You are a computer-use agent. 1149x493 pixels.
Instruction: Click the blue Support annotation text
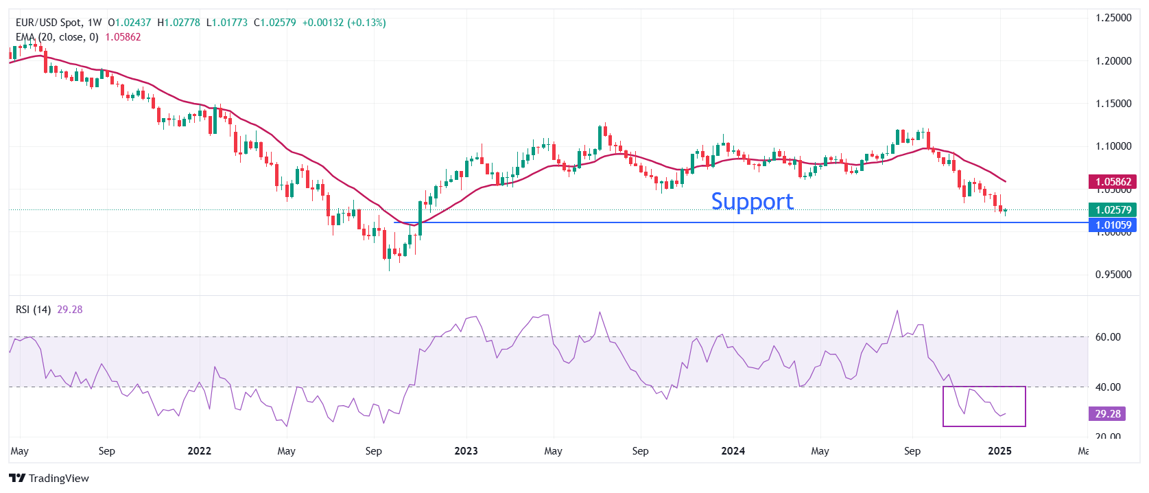(752, 201)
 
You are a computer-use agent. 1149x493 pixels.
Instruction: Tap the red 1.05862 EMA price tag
(1113, 182)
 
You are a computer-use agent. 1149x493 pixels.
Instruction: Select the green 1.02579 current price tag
(1113, 210)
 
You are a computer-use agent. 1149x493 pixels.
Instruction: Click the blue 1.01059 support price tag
(1113, 225)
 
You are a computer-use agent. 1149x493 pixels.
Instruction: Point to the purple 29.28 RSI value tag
(1107, 413)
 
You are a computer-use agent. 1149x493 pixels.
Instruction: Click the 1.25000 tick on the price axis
(1113, 18)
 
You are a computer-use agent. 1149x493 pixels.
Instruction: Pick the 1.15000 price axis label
(1113, 104)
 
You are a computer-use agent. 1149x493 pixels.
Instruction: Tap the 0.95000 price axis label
(1113, 275)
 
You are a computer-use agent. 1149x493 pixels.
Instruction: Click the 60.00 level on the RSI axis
(1108, 337)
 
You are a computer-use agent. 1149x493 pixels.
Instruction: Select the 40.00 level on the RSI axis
(1108, 387)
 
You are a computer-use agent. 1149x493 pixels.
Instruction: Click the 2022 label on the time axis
(200, 451)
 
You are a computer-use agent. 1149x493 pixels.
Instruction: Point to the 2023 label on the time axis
(466, 451)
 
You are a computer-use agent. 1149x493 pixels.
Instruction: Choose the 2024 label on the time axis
(733, 451)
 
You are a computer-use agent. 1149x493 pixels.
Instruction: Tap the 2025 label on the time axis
(999, 451)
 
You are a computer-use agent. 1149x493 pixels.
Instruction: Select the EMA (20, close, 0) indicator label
(57, 37)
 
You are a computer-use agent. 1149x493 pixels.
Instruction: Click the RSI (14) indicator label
(33, 310)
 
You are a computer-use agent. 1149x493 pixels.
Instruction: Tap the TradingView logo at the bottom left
(49, 478)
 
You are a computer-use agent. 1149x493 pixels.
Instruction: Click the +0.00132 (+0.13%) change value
(344, 23)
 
